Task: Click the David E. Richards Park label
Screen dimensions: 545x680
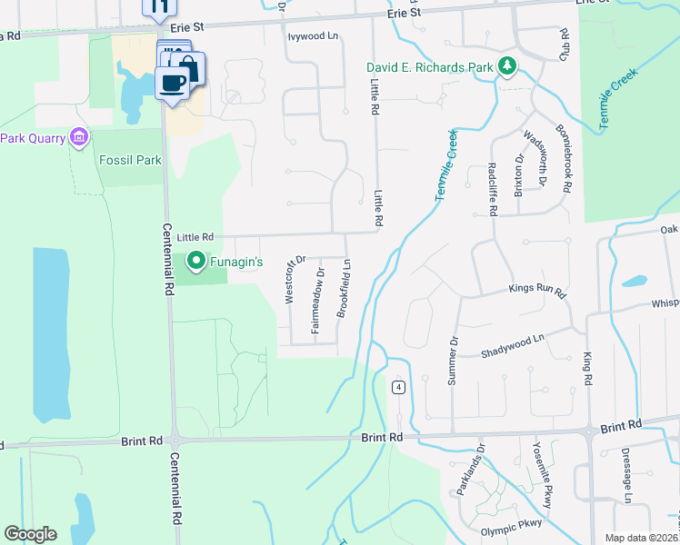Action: tap(429, 67)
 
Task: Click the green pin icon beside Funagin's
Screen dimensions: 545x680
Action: tap(195, 263)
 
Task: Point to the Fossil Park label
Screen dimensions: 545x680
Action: tap(130, 161)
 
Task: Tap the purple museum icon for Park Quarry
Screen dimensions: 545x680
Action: tap(79, 138)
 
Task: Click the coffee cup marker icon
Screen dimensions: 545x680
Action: tap(172, 83)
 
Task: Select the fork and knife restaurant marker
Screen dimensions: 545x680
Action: tap(159, 8)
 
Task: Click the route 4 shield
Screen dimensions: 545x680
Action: tap(398, 387)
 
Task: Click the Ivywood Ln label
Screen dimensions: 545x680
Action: tap(313, 36)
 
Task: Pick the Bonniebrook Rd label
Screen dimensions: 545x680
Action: tap(565, 159)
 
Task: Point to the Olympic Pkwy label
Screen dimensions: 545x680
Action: tap(511, 522)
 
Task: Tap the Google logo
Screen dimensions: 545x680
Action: tap(30, 534)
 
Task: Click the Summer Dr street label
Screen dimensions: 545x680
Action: tap(453, 360)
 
